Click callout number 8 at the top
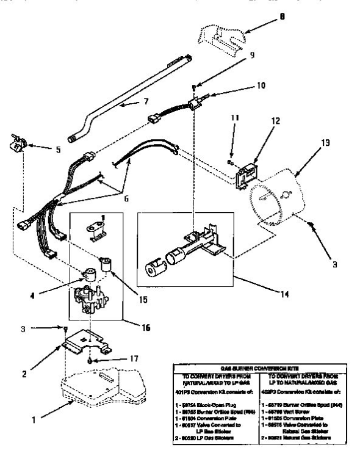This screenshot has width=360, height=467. click(x=282, y=18)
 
